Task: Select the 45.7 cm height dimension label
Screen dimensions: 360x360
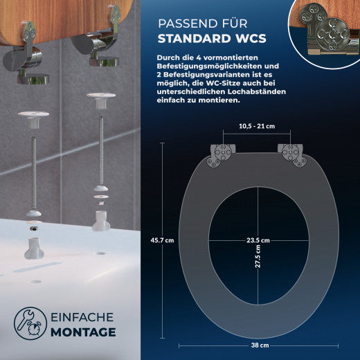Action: click(x=161, y=240)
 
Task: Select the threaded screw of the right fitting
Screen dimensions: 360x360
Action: click(x=98, y=160)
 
